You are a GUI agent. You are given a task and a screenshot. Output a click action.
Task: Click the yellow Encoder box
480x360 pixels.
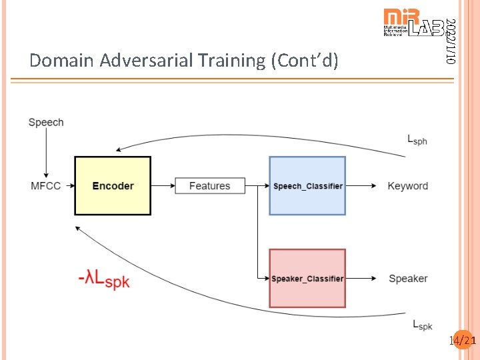(x=113, y=186)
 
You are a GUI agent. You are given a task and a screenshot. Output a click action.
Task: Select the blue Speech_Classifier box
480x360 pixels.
(x=307, y=186)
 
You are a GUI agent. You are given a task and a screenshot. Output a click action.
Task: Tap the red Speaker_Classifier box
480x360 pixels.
(x=307, y=278)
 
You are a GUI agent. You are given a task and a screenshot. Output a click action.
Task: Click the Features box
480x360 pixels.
(x=209, y=186)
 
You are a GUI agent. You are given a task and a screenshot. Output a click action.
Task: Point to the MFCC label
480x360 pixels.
(x=46, y=186)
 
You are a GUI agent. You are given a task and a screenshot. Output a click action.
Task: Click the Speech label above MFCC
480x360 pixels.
(x=46, y=122)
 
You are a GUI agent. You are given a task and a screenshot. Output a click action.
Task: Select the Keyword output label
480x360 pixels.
(x=407, y=186)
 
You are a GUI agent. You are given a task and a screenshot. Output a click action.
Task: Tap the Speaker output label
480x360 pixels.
(x=408, y=278)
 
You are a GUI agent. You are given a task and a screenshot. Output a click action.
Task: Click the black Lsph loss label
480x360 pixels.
(x=417, y=140)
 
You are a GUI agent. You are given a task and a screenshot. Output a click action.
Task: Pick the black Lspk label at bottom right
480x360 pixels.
(x=422, y=325)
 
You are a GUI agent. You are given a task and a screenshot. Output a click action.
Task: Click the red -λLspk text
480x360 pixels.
(x=103, y=279)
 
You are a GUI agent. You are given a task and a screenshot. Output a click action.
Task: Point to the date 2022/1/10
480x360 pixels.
(x=451, y=41)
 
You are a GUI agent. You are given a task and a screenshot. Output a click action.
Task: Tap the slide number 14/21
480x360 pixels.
(x=463, y=341)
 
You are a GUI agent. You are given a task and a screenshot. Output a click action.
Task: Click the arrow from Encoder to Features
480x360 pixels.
(x=163, y=186)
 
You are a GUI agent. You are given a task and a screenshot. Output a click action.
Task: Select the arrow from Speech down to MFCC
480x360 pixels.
(x=46, y=153)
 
